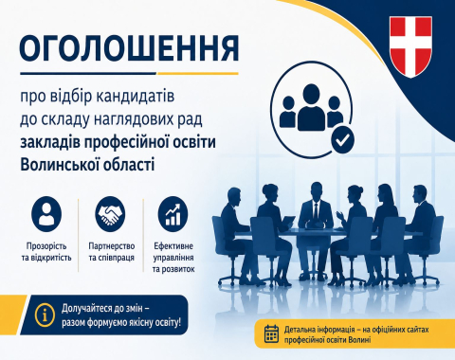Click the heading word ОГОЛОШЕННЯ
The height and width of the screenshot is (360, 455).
point(129,48)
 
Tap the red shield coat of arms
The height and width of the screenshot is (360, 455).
point(410,46)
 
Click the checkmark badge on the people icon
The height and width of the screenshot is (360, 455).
point(342,139)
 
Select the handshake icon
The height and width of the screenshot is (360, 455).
point(110,214)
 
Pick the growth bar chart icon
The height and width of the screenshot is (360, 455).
point(173,214)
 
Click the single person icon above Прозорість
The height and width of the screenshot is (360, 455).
point(46,214)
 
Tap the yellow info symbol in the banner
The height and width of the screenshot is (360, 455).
point(45,315)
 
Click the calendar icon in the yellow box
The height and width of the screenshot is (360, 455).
point(271,333)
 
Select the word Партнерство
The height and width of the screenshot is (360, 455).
point(112,246)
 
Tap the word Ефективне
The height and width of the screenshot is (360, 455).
point(173,245)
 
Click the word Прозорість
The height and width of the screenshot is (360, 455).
point(46,246)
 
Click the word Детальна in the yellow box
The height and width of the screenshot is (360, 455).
point(299,330)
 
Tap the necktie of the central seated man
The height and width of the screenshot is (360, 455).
point(316,209)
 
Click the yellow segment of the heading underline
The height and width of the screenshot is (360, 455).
point(198,73)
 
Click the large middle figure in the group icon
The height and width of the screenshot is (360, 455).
point(311,107)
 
